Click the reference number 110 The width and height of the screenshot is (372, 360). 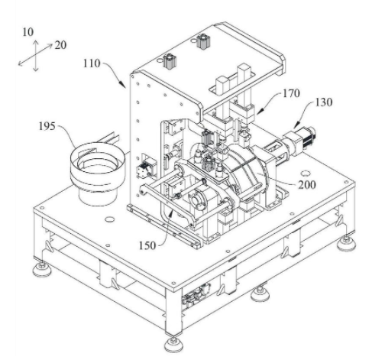[x=92, y=63]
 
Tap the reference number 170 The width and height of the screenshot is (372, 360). [x=292, y=93]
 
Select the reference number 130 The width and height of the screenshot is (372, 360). [x=324, y=102]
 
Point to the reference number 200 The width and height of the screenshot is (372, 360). [x=307, y=185]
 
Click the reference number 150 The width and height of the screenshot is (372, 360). [x=147, y=245]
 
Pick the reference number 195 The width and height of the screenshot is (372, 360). [x=47, y=126]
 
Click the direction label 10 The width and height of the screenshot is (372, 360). [x=28, y=32]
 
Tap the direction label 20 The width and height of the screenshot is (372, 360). [x=60, y=45]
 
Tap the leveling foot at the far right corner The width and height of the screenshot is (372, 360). [x=346, y=243]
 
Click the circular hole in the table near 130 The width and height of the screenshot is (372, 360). [x=306, y=174]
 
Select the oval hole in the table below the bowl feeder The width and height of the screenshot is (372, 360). [x=110, y=219]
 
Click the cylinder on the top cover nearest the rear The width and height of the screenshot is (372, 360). [x=203, y=41]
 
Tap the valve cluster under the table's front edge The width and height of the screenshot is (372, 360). [x=196, y=294]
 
